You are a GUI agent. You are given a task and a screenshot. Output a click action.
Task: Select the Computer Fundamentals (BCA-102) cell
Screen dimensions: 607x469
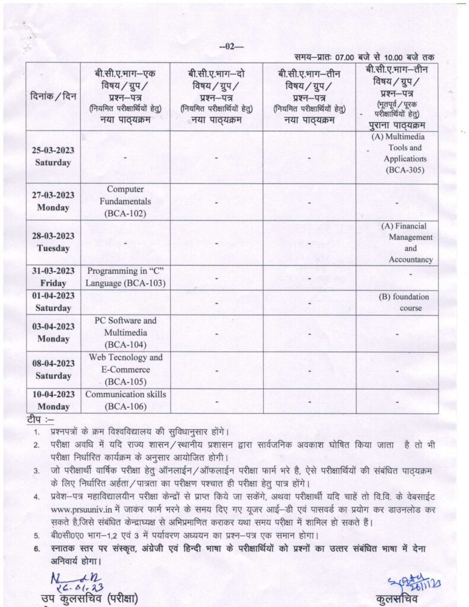click(125, 201)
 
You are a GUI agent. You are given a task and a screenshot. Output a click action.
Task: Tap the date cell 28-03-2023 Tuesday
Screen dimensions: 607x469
click(53, 242)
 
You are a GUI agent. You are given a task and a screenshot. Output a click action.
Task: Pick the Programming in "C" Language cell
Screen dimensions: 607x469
click(125, 277)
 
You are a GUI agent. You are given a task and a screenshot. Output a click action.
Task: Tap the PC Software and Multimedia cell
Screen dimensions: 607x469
click(125, 332)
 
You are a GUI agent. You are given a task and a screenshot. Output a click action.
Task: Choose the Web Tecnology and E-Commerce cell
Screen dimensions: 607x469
click(125, 369)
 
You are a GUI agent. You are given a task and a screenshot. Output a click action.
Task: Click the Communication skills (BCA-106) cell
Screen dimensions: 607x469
click(125, 400)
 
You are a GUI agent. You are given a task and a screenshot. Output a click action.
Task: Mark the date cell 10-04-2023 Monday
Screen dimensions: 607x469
click(53, 401)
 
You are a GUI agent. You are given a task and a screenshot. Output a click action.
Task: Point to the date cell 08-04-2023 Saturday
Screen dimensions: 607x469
click(53, 370)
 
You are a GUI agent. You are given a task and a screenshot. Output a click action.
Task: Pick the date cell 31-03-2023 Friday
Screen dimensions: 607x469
click(53, 277)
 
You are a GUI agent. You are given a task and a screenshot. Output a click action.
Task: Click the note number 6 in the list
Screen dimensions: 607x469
click(36, 548)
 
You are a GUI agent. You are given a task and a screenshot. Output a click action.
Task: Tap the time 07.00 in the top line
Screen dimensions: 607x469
click(346, 57)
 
